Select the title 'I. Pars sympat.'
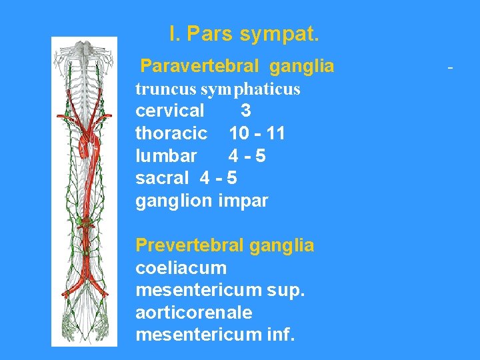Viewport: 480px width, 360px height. (244, 33)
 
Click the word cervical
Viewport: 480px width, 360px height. (170, 111)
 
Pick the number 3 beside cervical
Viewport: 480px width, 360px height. (246, 111)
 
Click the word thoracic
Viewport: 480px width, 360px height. (171, 133)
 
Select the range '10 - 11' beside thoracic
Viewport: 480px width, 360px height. (257, 133)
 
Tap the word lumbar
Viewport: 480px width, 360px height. (166, 156)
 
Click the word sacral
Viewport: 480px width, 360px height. (162, 178)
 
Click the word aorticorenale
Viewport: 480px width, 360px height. (194, 312)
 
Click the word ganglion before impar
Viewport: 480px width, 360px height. (174, 201)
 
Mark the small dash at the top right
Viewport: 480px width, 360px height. (451, 68)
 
